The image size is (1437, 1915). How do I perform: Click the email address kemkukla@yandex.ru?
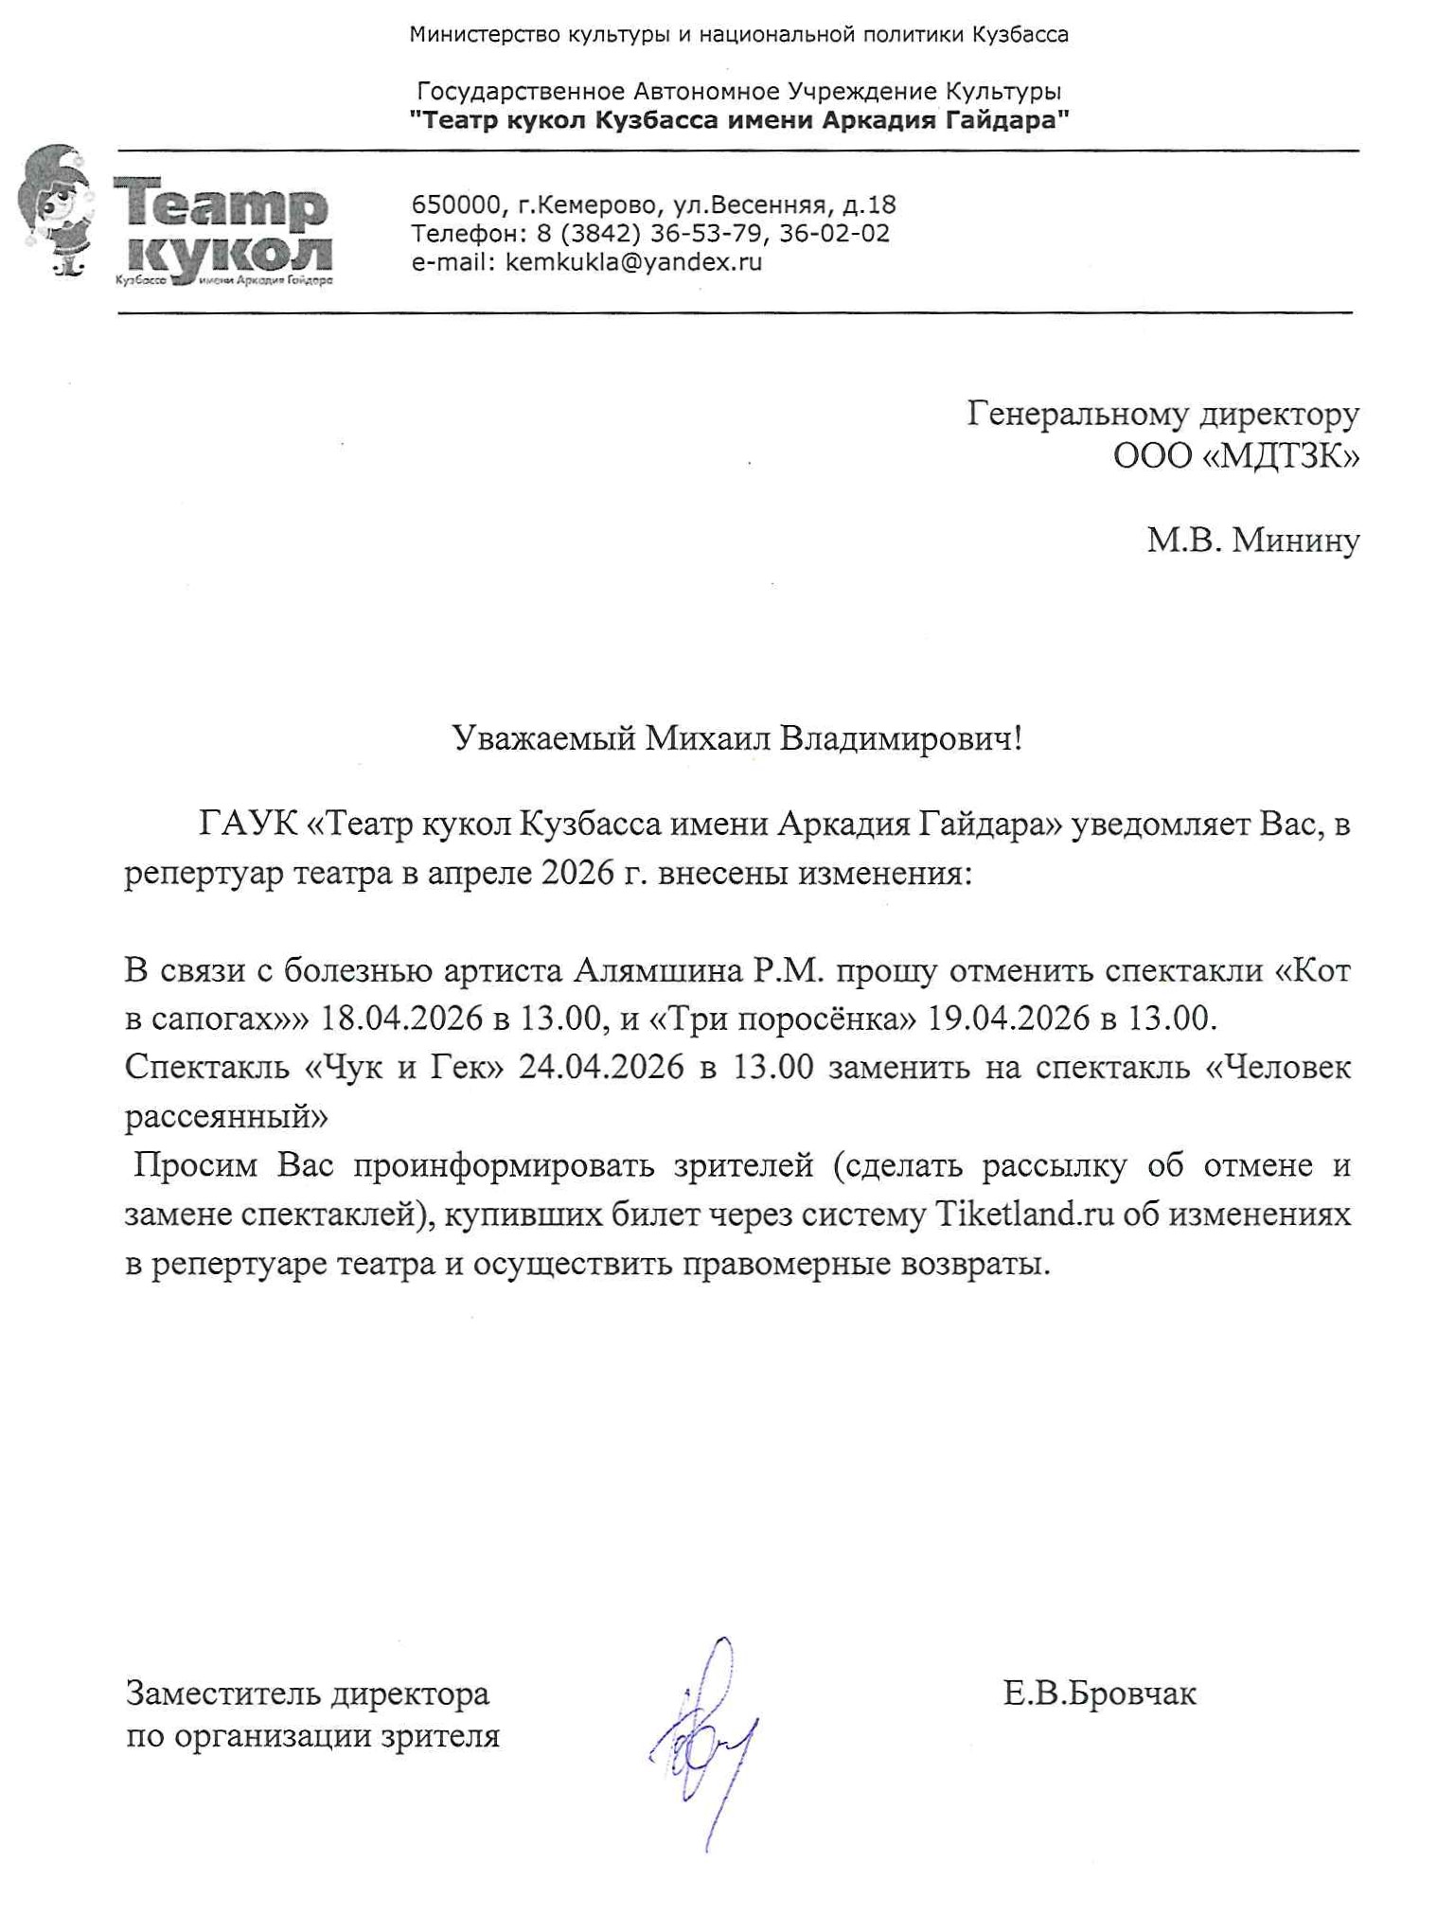633,262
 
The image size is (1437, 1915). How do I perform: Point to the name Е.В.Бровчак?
1099,1693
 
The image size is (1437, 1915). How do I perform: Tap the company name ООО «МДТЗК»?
1236,456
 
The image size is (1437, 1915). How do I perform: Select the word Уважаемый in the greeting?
543,738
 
